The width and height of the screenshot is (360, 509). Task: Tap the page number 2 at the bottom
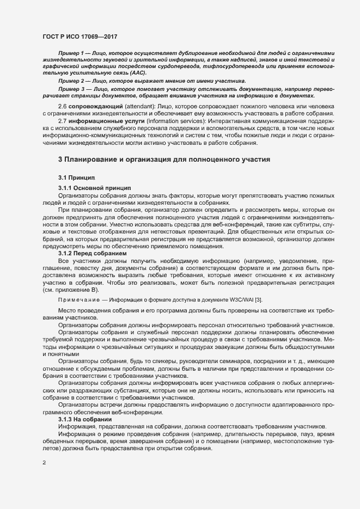tap(44, 463)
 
